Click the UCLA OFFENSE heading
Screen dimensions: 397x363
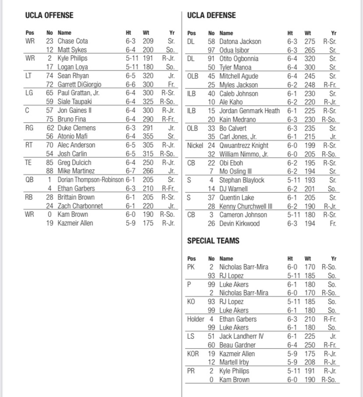[x=49, y=15]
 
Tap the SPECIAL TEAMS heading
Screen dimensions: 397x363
[x=213, y=241]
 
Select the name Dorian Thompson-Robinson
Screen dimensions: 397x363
[x=91, y=180]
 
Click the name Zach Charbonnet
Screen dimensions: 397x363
[x=80, y=206]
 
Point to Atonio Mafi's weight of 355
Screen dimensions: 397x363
[x=148, y=136]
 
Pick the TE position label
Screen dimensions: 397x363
[x=29, y=162]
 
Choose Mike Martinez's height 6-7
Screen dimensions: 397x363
[x=130, y=171]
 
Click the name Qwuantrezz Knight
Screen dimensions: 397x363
[x=244, y=146]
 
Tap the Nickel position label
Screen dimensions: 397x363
[x=195, y=146]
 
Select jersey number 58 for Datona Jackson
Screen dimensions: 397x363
[x=211, y=42]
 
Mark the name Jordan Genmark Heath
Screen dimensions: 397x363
[x=249, y=111]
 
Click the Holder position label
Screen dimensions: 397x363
[x=195, y=319]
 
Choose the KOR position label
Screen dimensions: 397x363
[x=193, y=354]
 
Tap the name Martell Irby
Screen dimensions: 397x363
[x=234, y=362]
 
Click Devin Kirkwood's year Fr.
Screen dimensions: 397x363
[x=333, y=224]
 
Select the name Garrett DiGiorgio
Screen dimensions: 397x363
[x=79, y=84]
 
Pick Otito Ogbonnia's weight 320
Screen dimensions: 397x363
[x=310, y=59]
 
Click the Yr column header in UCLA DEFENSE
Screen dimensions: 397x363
[x=334, y=33]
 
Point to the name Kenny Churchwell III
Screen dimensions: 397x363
[x=246, y=206]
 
